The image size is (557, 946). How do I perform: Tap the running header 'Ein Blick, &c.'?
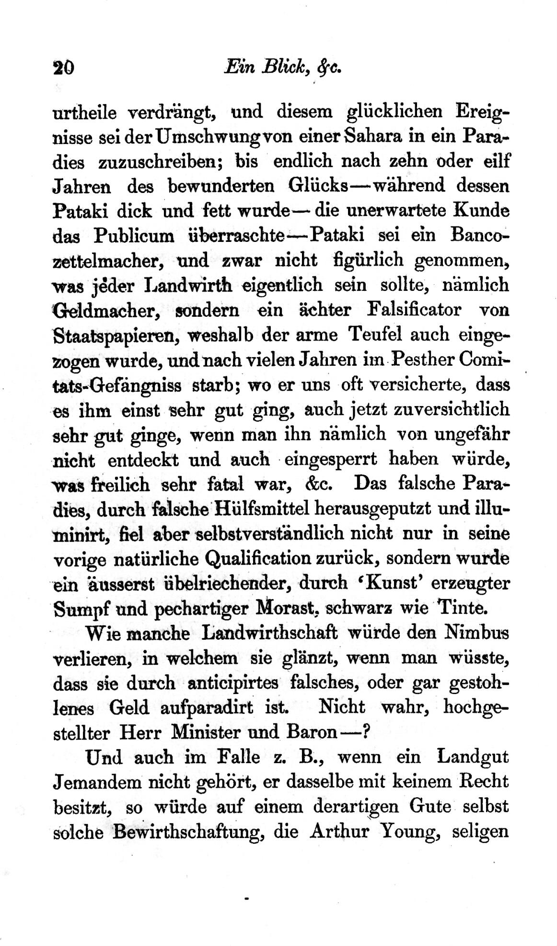click(x=282, y=66)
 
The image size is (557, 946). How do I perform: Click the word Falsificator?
click(x=414, y=310)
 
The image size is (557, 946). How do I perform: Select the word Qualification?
click(x=258, y=559)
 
